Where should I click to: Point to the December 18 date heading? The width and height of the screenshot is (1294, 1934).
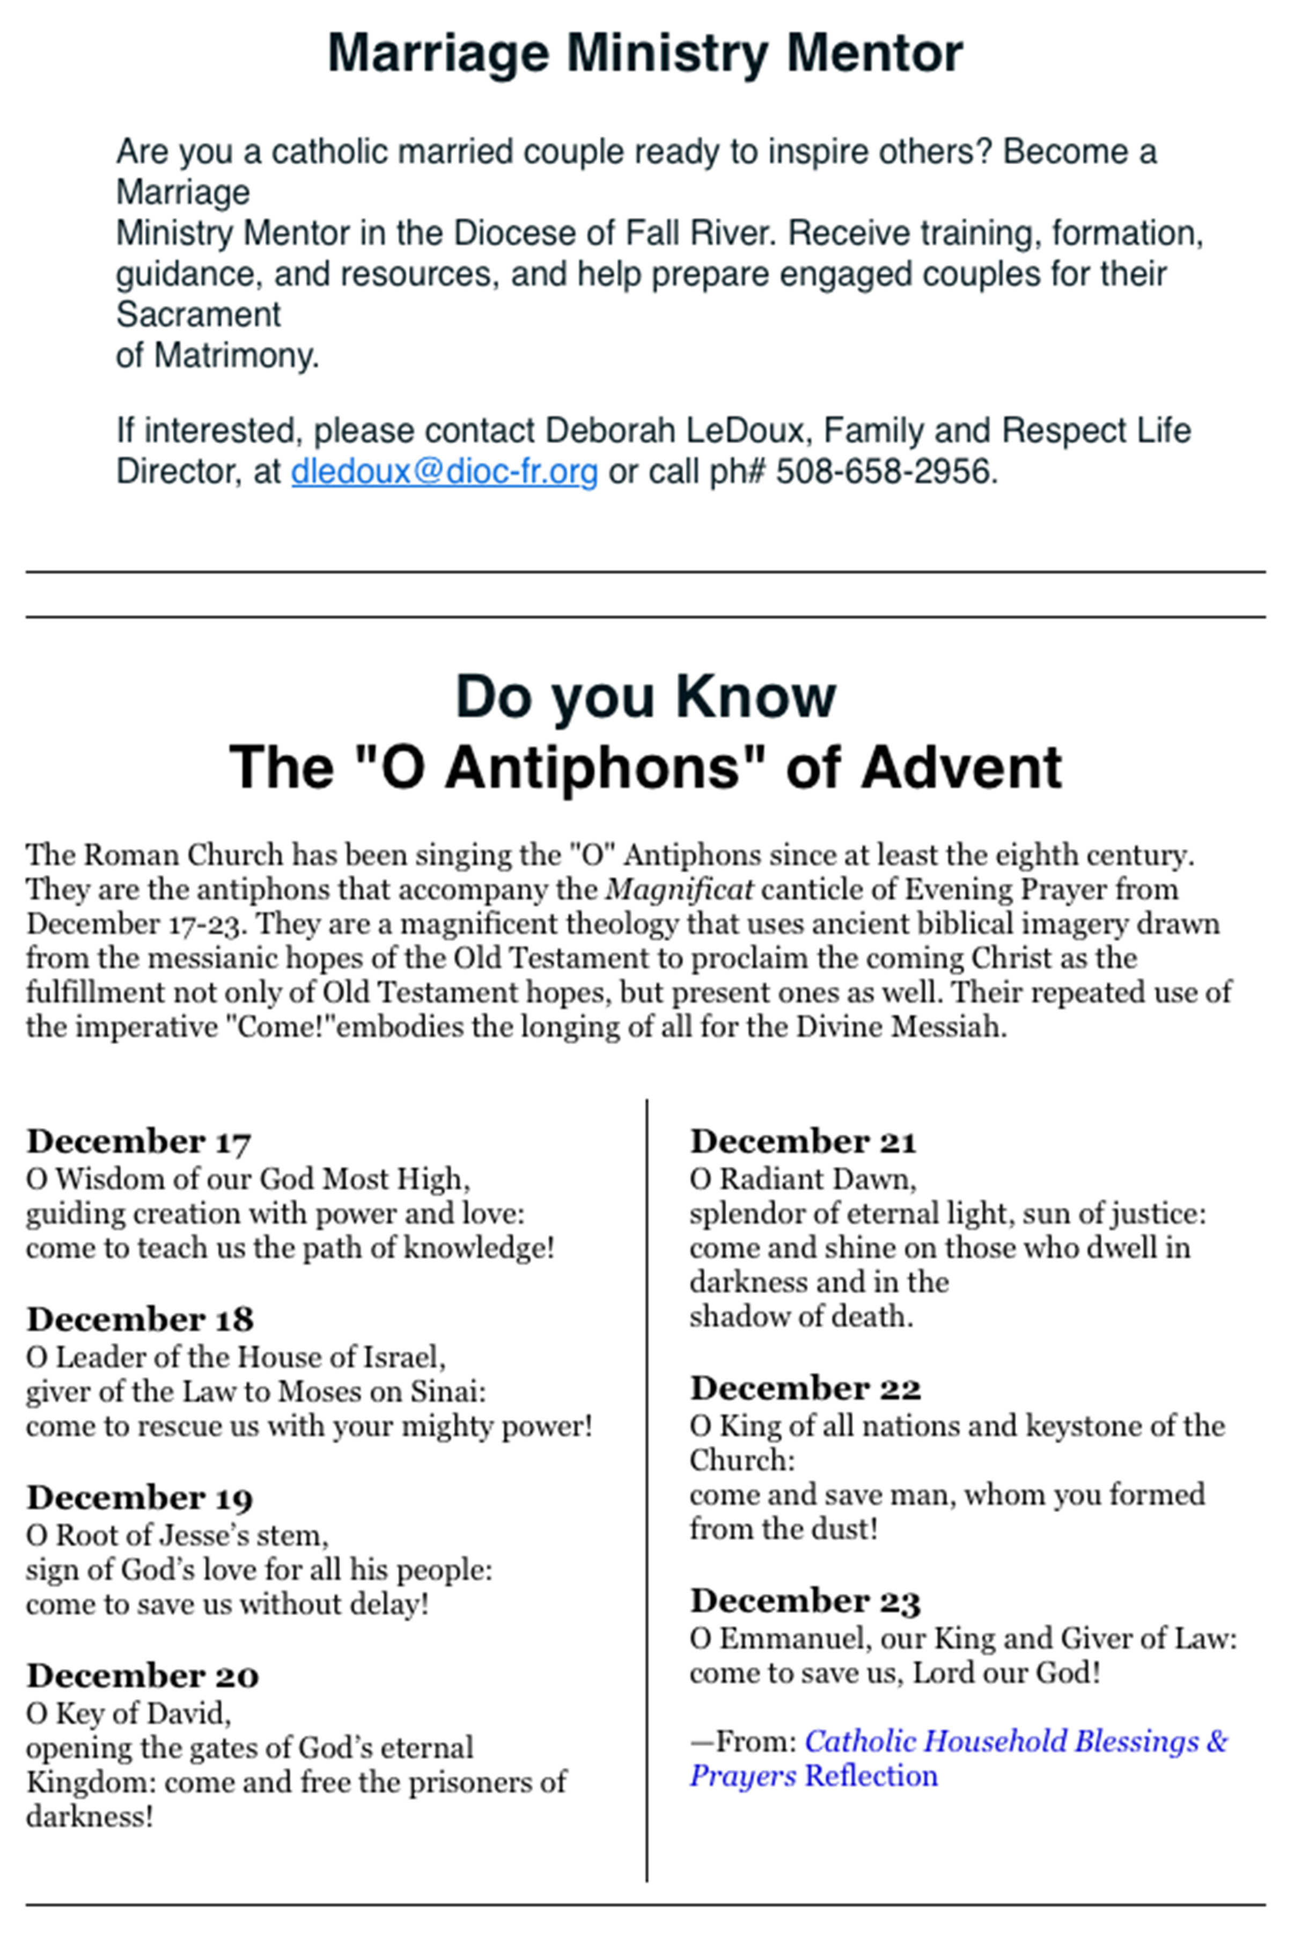click(x=139, y=1319)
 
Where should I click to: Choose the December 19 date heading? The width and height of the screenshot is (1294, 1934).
click(x=139, y=1497)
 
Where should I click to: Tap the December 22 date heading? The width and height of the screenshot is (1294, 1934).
click(x=805, y=1388)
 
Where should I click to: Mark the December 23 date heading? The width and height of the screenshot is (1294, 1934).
click(x=805, y=1601)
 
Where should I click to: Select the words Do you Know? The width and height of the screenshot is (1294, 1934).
click(x=645, y=698)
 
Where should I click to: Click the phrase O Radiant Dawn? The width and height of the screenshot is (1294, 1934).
click(x=802, y=1179)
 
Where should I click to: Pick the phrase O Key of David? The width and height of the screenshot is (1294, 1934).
click(x=128, y=1713)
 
